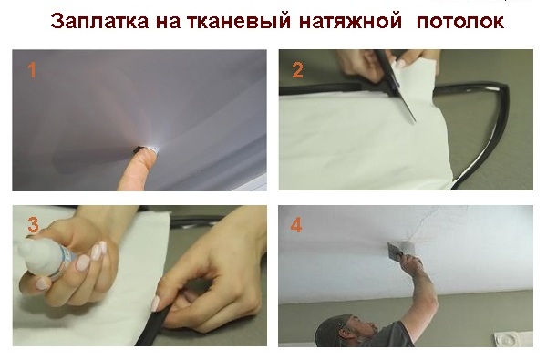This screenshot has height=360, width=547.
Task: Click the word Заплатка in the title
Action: tap(99, 22)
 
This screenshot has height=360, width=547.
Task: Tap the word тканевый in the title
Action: tap(239, 22)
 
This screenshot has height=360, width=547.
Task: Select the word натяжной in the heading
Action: tap(350, 22)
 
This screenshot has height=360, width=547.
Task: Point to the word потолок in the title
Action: tap(460, 22)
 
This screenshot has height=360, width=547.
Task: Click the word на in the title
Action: tap(168, 22)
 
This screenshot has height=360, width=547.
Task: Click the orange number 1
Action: tap(32, 70)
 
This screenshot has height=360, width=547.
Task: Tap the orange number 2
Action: tap(297, 70)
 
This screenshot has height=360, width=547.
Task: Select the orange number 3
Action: tap(33, 225)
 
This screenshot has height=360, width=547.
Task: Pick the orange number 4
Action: tap(296, 225)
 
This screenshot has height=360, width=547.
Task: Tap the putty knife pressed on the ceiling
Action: tap(394, 251)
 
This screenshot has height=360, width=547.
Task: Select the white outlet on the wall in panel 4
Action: tap(512, 339)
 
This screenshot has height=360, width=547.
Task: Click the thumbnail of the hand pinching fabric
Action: tap(156, 303)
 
